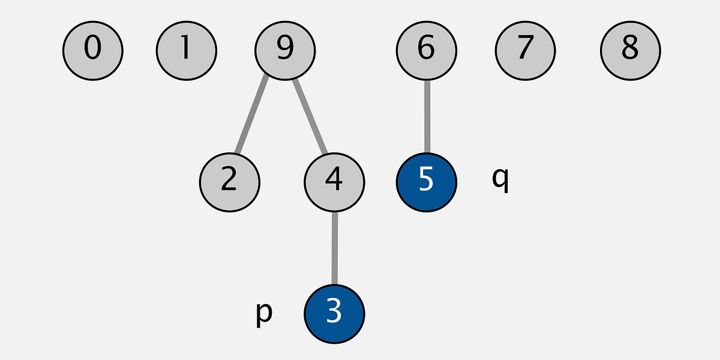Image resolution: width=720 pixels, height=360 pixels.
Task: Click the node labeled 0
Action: [x=93, y=51]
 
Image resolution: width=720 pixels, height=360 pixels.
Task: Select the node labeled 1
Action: [x=187, y=51]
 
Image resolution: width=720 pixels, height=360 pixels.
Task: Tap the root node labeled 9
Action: [x=285, y=51]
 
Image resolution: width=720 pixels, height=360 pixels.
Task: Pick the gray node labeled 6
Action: [x=427, y=51]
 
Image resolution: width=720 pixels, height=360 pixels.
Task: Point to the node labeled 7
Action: [x=525, y=51]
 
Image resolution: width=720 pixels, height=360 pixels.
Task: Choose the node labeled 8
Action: [x=631, y=51]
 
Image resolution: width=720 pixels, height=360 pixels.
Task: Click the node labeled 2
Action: [x=230, y=182]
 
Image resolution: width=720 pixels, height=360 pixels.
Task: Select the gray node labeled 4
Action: [x=334, y=182]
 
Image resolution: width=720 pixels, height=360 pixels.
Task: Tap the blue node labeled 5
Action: [x=427, y=182]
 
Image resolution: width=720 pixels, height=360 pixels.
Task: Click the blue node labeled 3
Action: [x=334, y=314]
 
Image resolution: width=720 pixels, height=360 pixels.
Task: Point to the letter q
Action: [x=500, y=179]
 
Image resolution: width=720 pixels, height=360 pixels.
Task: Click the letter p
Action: [x=264, y=314]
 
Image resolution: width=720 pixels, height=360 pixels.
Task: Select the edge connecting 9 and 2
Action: [x=251, y=114]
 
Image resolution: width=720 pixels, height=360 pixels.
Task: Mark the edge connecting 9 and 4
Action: [x=310, y=116]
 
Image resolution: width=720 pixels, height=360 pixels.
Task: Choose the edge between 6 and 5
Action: [x=427, y=116]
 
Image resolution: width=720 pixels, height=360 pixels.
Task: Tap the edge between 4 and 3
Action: [x=335, y=248]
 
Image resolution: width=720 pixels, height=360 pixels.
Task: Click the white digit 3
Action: [x=334, y=311]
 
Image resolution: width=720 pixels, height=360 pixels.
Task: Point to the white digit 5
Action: [x=426, y=179]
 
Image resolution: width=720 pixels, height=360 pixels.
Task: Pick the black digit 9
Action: [x=285, y=47]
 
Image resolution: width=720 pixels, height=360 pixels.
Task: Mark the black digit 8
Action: [x=631, y=47]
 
